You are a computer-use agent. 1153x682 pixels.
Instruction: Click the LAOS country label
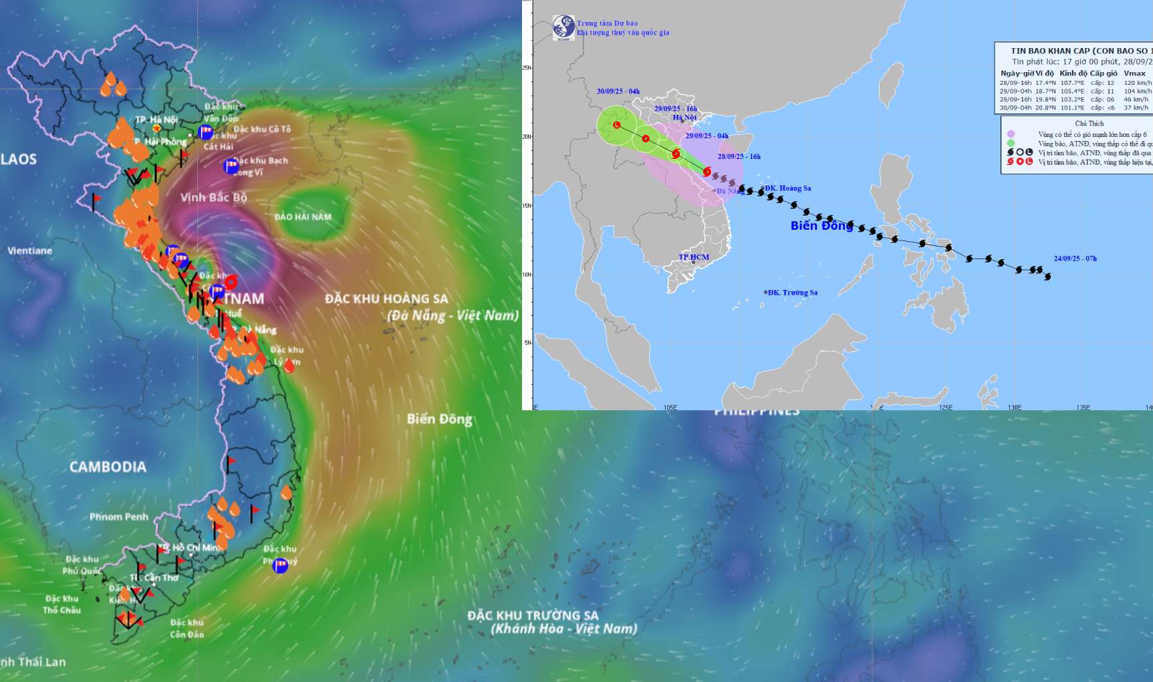click(19, 159)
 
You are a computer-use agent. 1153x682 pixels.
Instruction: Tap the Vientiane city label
click(29, 250)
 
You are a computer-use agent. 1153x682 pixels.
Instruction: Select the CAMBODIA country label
click(108, 467)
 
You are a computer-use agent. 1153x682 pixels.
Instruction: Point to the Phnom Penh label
click(119, 516)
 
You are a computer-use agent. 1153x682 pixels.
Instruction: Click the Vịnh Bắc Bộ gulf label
click(214, 197)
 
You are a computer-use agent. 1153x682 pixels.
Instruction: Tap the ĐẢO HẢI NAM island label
click(303, 216)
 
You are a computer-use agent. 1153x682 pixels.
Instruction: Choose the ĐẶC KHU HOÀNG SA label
click(386, 299)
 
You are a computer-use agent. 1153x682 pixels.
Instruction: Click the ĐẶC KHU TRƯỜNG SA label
click(533, 615)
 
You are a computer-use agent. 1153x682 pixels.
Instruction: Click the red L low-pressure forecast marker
click(617, 125)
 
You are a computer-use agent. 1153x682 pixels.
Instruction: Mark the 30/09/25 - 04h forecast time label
click(618, 92)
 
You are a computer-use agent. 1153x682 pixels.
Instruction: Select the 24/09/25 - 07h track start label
click(1075, 259)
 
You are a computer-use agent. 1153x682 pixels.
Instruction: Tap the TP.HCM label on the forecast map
click(694, 257)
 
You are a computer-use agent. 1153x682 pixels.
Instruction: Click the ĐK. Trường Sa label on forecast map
click(792, 293)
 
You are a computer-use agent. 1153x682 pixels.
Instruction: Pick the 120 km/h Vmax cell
click(1138, 83)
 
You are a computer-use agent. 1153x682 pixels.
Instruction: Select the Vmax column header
click(1134, 73)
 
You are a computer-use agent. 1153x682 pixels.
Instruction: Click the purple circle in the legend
click(1011, 134)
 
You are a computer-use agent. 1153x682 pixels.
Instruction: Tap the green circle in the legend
click(1011, 143)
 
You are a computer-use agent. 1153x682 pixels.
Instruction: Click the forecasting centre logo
click(563, 27)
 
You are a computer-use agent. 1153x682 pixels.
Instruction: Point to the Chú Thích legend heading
click(1090, 124)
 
